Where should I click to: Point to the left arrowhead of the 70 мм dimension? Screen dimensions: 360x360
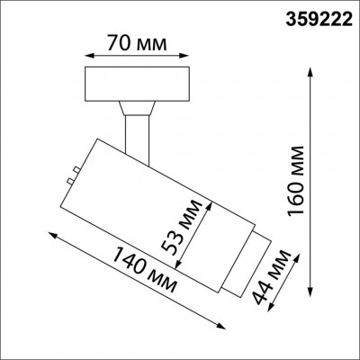[x=85, y=54]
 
